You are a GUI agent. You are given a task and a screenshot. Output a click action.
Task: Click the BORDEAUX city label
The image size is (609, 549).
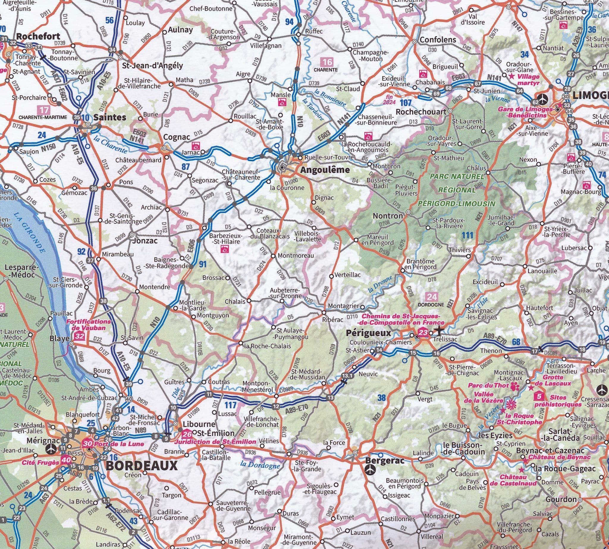[142, 466]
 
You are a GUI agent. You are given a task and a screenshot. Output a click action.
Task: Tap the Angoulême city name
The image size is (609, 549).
[324, 170]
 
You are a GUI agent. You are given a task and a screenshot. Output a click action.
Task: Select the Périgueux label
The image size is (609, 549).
[368, 333]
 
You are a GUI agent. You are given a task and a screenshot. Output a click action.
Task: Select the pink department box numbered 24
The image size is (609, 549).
[431, 297]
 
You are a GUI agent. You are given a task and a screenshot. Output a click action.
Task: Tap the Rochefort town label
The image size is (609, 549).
[38, 37]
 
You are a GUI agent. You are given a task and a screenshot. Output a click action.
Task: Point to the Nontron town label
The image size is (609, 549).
[387, 216]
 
